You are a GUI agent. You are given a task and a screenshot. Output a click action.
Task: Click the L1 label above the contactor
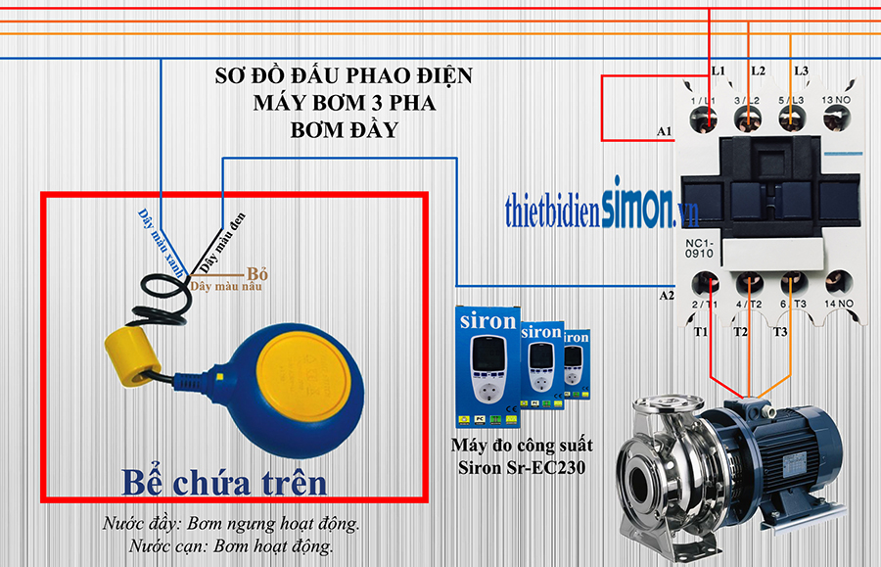pos(719,71)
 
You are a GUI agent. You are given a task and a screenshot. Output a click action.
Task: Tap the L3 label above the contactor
pos(801,71)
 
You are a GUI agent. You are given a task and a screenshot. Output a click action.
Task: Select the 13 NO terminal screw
pos(835,119)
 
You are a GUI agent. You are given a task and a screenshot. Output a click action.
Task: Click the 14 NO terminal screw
pos(835,286)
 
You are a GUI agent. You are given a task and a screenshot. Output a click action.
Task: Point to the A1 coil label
pos(666,131)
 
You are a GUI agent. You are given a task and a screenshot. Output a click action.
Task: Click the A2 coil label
pos(666,295)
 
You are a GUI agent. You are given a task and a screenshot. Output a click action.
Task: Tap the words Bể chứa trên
pos(224,483)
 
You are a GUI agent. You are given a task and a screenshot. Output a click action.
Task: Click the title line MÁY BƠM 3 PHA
pos(344,102)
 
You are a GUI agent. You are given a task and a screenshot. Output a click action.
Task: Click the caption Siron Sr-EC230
pos(521,467)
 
